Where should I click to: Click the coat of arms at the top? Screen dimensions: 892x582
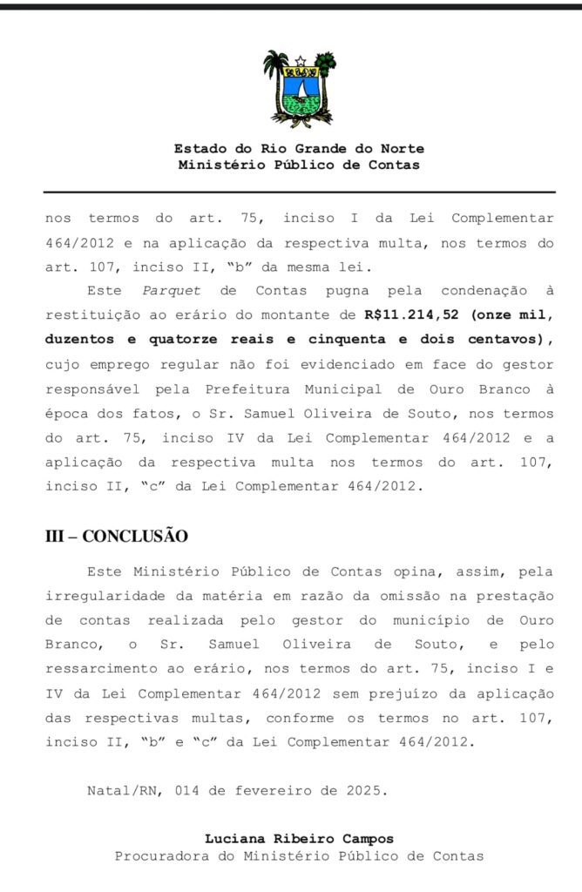coord(299,89)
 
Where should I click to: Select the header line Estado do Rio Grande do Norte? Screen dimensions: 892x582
coord(299,149)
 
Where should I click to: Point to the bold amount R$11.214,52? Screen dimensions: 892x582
coord(409,312)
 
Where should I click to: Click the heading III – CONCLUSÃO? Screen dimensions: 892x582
coord(116,536)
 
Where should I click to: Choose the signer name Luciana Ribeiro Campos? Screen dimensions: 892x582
coord(299,839)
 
